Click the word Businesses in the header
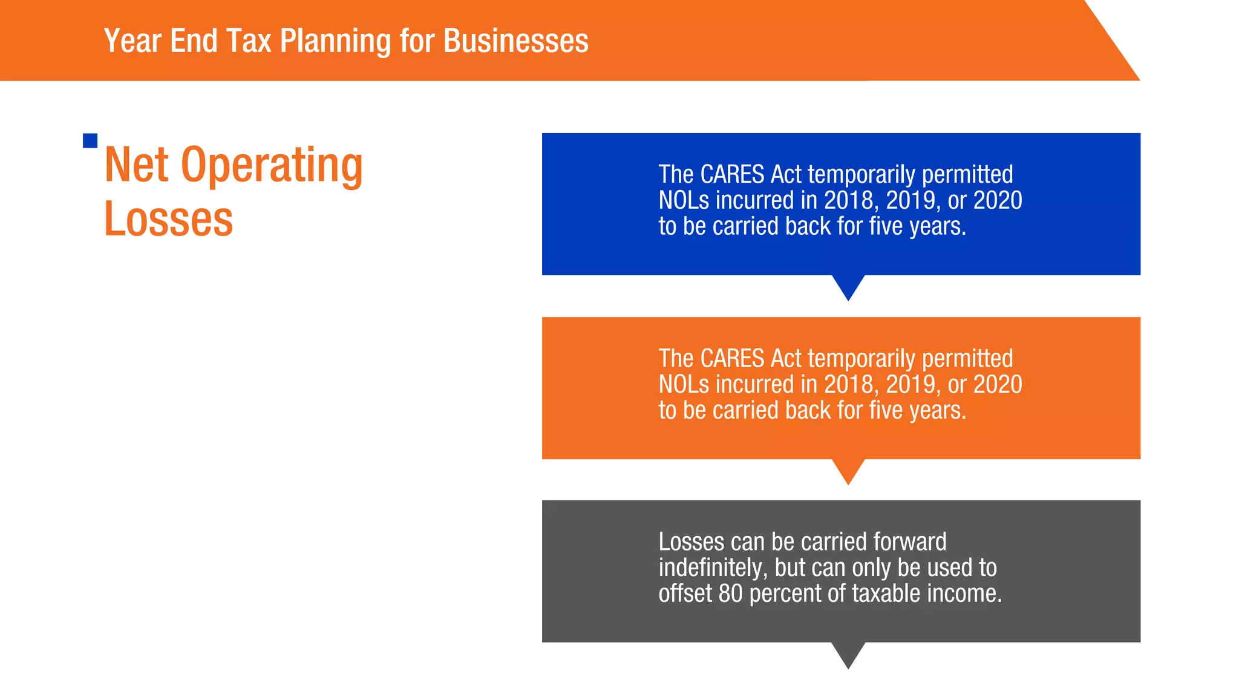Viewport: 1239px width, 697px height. [515, 41]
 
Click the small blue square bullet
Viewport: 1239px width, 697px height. [90, 141]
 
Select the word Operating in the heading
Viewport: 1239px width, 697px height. [272, 165]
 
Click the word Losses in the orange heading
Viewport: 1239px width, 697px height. [168, 219]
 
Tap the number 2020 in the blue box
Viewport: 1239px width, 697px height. [998, 201]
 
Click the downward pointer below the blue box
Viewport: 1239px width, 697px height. [848, 287]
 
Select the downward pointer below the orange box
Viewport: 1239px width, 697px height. [848, 471]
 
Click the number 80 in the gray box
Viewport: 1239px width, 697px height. [730, 594]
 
